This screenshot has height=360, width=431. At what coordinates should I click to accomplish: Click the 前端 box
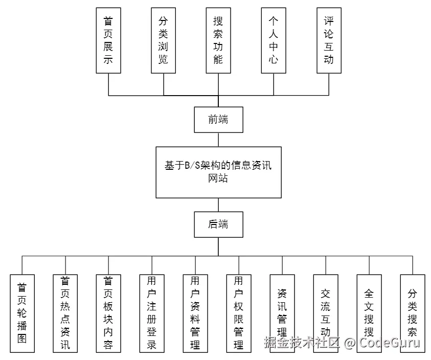pyautogui.click(x=218, y=120)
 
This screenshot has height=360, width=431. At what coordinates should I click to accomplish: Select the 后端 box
pyautogui.click(x=218, y=224)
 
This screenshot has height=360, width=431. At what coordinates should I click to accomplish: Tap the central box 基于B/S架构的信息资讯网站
pyautogui.click(x=218, y=172)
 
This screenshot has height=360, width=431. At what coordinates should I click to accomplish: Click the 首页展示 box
pyautogui.click(x=108, y=40)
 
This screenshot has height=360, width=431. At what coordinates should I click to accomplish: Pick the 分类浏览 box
pyautogui.click(x=164, y=40)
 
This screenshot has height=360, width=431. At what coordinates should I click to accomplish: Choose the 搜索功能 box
pyautogui.click(x=218, y=40)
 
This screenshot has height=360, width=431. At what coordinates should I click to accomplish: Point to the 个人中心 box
pyautogui.click(x=274, y=40)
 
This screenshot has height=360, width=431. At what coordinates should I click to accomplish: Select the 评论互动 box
pyautogui.click(x=329, y=40)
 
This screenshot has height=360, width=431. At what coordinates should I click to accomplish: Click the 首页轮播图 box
pyautogui.click(x=22, y=313)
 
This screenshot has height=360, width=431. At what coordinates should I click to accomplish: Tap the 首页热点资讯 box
pyautogui.click(x=65, y=313)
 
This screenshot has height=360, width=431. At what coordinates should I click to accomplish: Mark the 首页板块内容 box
pyautogui.click(x=108, y=313)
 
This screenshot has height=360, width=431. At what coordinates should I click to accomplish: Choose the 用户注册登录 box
pyautogui.click(x=152, y=313)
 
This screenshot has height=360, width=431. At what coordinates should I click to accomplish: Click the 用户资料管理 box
pyautogui.click(x=195, y=313)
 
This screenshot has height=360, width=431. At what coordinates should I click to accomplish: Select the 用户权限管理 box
pyautogui.click(x=239, y=313)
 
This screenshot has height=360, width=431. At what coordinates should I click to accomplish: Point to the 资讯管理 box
pyautogui.click(x=282, y=313)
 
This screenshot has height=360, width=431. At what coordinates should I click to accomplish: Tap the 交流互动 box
pyautogui.click(x=326, y=313)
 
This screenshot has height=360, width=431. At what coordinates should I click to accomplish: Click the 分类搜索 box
pyautogui.click(x=413, y=313)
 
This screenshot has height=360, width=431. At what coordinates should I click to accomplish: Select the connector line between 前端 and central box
pyautogui.click(x=218, y=140)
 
